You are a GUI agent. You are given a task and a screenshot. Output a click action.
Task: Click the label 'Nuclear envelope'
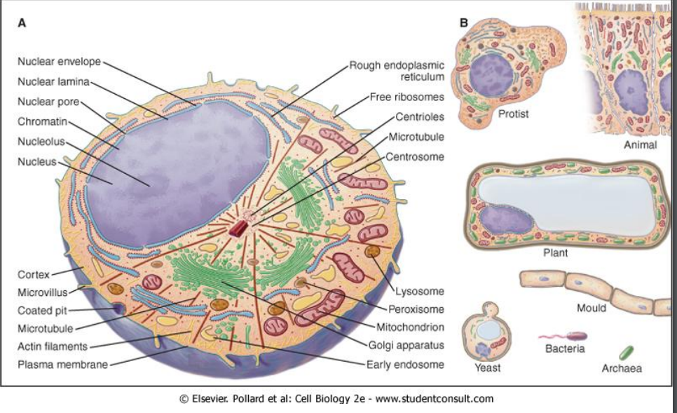[x=60, y=61]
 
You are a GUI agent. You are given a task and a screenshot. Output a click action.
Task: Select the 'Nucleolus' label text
[x=41, y=141]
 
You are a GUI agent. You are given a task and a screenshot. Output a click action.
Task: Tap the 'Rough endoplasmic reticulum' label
[x=397, y=71]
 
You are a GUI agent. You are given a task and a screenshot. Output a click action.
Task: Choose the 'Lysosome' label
[x=419, y=292]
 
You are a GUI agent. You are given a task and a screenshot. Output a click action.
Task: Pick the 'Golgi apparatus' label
[x=406, y=345]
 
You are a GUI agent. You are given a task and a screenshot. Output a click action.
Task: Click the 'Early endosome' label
[x=405, y=364]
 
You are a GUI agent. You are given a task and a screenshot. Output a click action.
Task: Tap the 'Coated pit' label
[x=42, y=310]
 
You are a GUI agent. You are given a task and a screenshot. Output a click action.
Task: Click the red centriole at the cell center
[x=242, y=228]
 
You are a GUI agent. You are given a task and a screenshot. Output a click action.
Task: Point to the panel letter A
[x=22, y=22]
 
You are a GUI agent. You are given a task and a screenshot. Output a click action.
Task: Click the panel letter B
[x=463, y=22]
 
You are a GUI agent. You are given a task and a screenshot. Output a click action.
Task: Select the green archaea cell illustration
[x=626, y=351]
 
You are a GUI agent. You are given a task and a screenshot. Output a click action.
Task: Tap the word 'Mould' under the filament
[x=591, y=308]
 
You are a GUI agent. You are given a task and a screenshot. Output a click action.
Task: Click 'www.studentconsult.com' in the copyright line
[x=435, y=399]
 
